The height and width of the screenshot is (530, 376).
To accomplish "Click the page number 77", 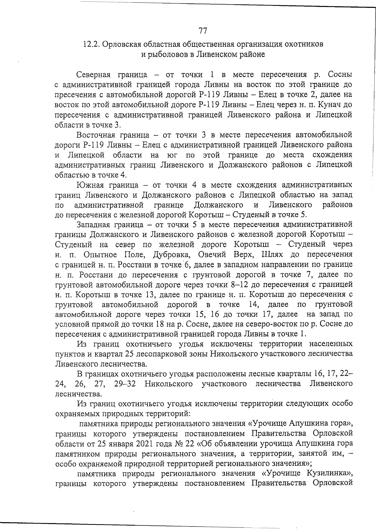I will tap(203, 31).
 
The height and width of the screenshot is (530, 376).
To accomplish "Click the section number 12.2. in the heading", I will tap(91, 44).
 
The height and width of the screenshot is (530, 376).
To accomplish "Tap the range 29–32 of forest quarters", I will tap(125, 384).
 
